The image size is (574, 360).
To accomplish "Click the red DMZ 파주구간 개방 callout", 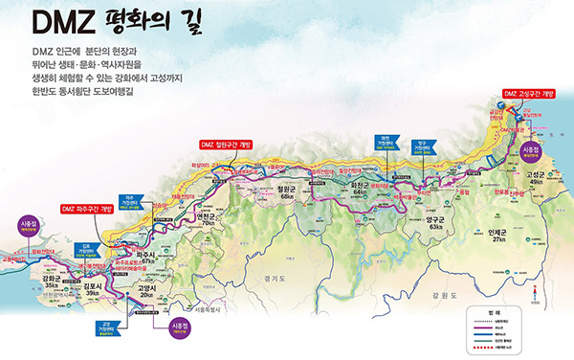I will click(87, 208).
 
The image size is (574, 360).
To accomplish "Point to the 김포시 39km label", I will click(93, 289).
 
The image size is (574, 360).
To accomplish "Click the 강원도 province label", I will click(444, 296).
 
